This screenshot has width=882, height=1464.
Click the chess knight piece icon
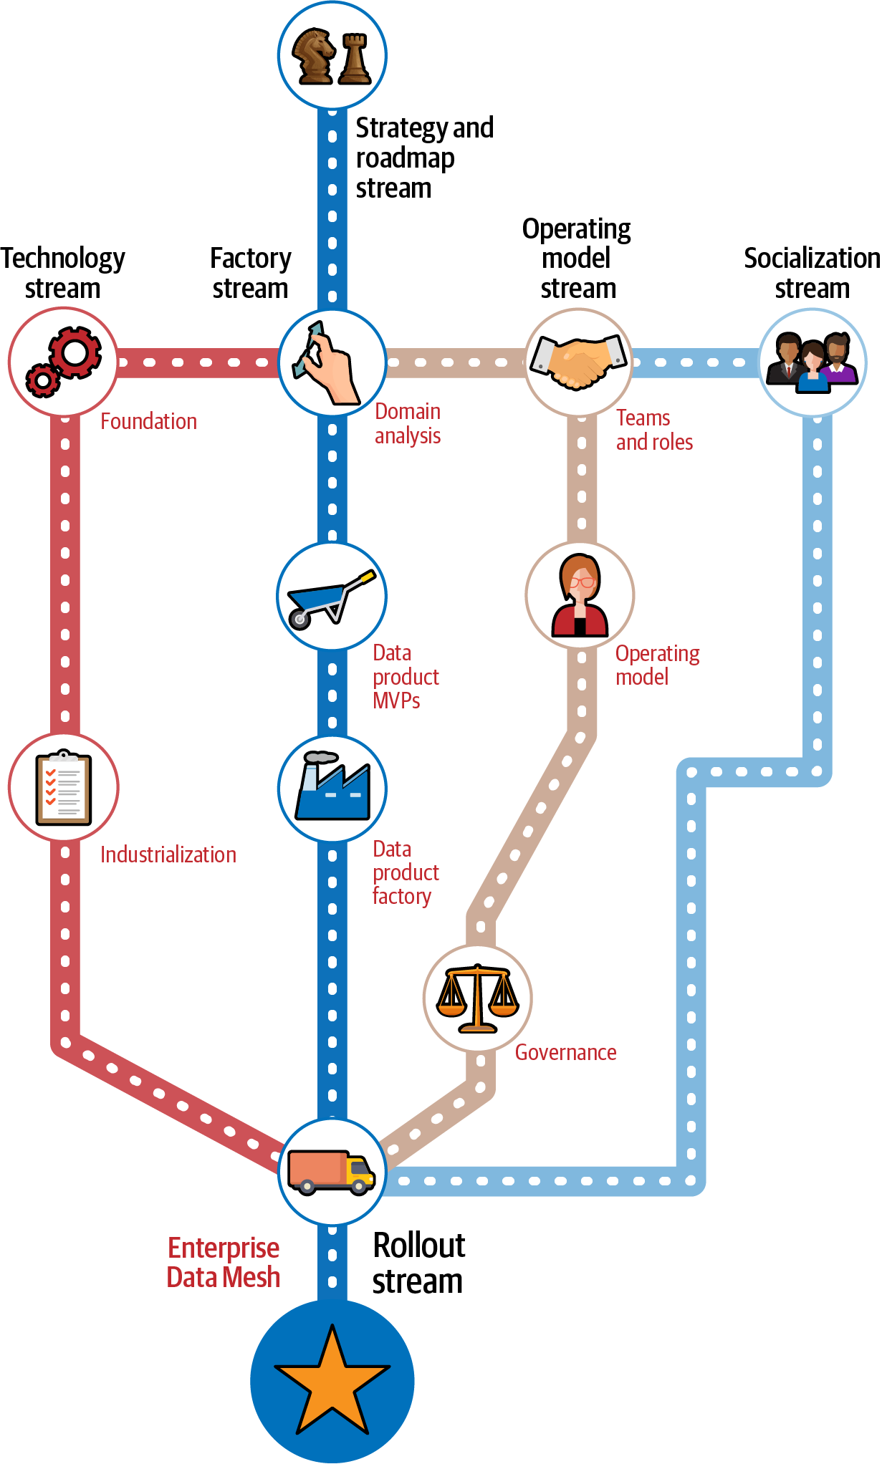314,55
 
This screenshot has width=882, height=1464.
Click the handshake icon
579,362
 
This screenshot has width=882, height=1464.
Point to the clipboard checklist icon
64,788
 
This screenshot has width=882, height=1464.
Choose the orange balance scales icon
478,998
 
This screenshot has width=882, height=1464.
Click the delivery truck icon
332,1172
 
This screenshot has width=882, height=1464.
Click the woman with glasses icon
580,596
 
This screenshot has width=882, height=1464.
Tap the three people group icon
813,362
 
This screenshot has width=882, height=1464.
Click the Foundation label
148,421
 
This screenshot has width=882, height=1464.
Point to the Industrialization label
168,854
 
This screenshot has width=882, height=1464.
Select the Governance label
565,1052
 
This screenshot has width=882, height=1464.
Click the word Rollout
419,1246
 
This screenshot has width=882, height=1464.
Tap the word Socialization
812,259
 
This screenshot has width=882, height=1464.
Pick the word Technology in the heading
63,259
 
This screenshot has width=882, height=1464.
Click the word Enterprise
224,1248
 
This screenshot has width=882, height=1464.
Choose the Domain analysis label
408,423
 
